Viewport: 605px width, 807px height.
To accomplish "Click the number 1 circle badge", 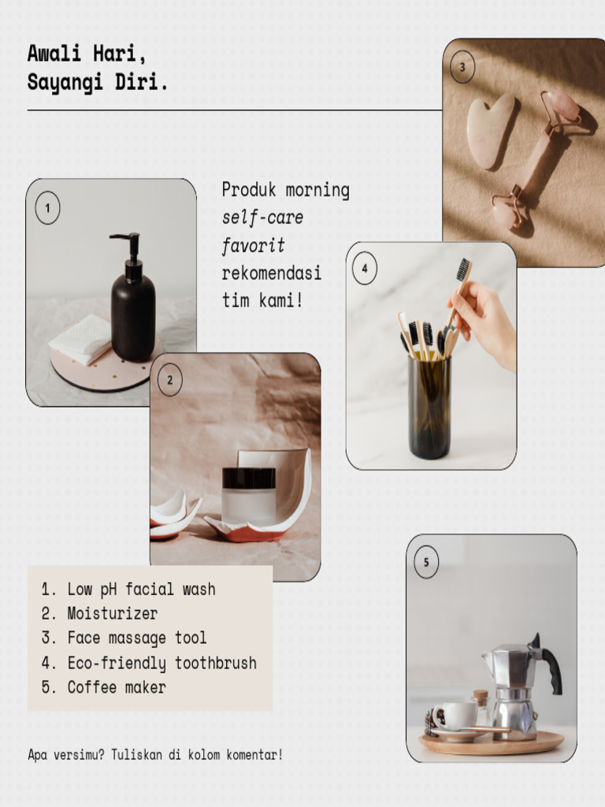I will pyautogui.click(x=47, y=209).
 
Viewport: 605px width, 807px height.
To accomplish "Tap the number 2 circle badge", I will pyautogui.click(x=169, y=381).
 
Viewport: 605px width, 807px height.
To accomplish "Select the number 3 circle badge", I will pyautogui.click(x=462, y=67).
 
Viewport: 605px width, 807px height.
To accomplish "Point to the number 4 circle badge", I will pyautogui.click(x=364, y=269).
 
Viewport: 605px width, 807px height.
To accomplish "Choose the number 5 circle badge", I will pyautogui.click(x=426, y=563).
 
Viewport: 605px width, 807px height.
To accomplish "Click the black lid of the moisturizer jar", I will pyautogui.click(x=249, y=478).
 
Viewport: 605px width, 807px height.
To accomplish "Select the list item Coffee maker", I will pyautogui.click(x=117, y=687).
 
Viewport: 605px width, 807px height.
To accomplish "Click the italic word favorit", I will pyautogui.click(x=253, y=245).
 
